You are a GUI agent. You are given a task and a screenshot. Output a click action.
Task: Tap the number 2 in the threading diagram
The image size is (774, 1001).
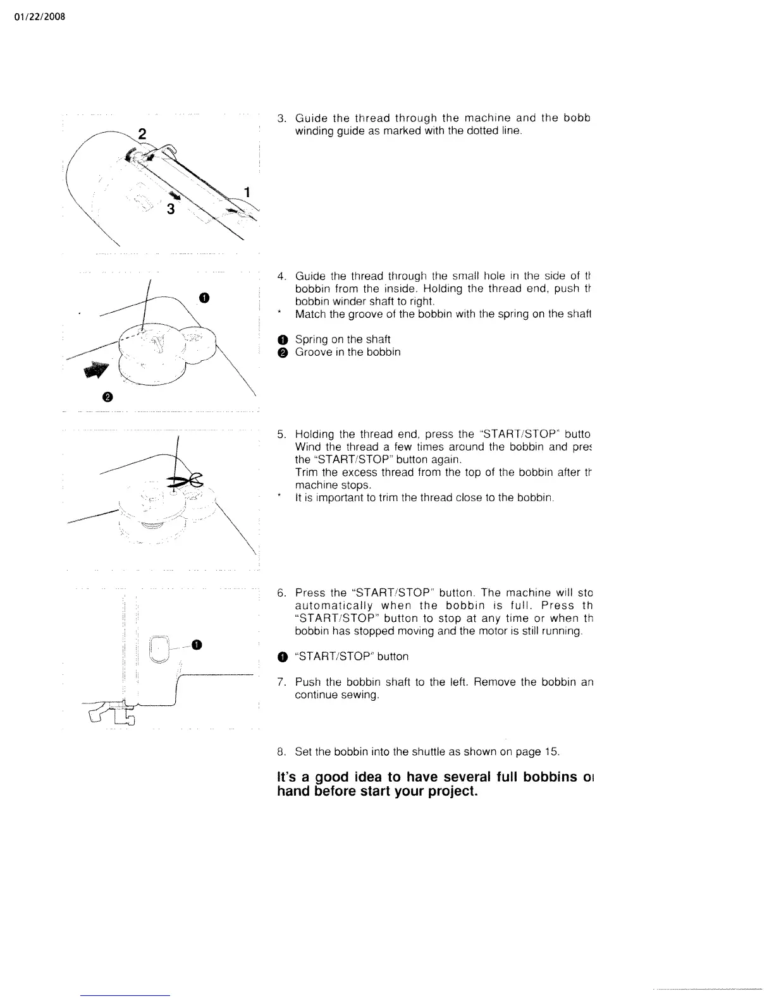[x=142, y=133]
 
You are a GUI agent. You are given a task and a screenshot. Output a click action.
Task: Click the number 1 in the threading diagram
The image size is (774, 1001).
[x=248, y=191]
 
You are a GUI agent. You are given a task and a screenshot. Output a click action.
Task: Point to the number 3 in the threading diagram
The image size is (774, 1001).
[x=171, y=209]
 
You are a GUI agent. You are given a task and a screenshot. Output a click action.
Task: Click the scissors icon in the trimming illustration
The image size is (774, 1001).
[x=187, y=482]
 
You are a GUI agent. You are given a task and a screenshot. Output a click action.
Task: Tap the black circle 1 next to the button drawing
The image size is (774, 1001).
[x=197, y=644]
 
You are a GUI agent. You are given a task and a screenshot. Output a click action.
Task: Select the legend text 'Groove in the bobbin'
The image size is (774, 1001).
[x=348, y=352]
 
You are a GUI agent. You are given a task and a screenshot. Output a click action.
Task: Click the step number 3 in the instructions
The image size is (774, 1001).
[x=281, y=118]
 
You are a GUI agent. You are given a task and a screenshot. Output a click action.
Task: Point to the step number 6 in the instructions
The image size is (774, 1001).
[x=281, y=593]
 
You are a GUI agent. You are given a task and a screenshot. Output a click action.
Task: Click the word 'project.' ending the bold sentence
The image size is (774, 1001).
[x=449, y=791]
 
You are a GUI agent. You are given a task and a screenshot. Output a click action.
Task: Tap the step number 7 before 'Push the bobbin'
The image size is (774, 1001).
[x=281, y=682]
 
